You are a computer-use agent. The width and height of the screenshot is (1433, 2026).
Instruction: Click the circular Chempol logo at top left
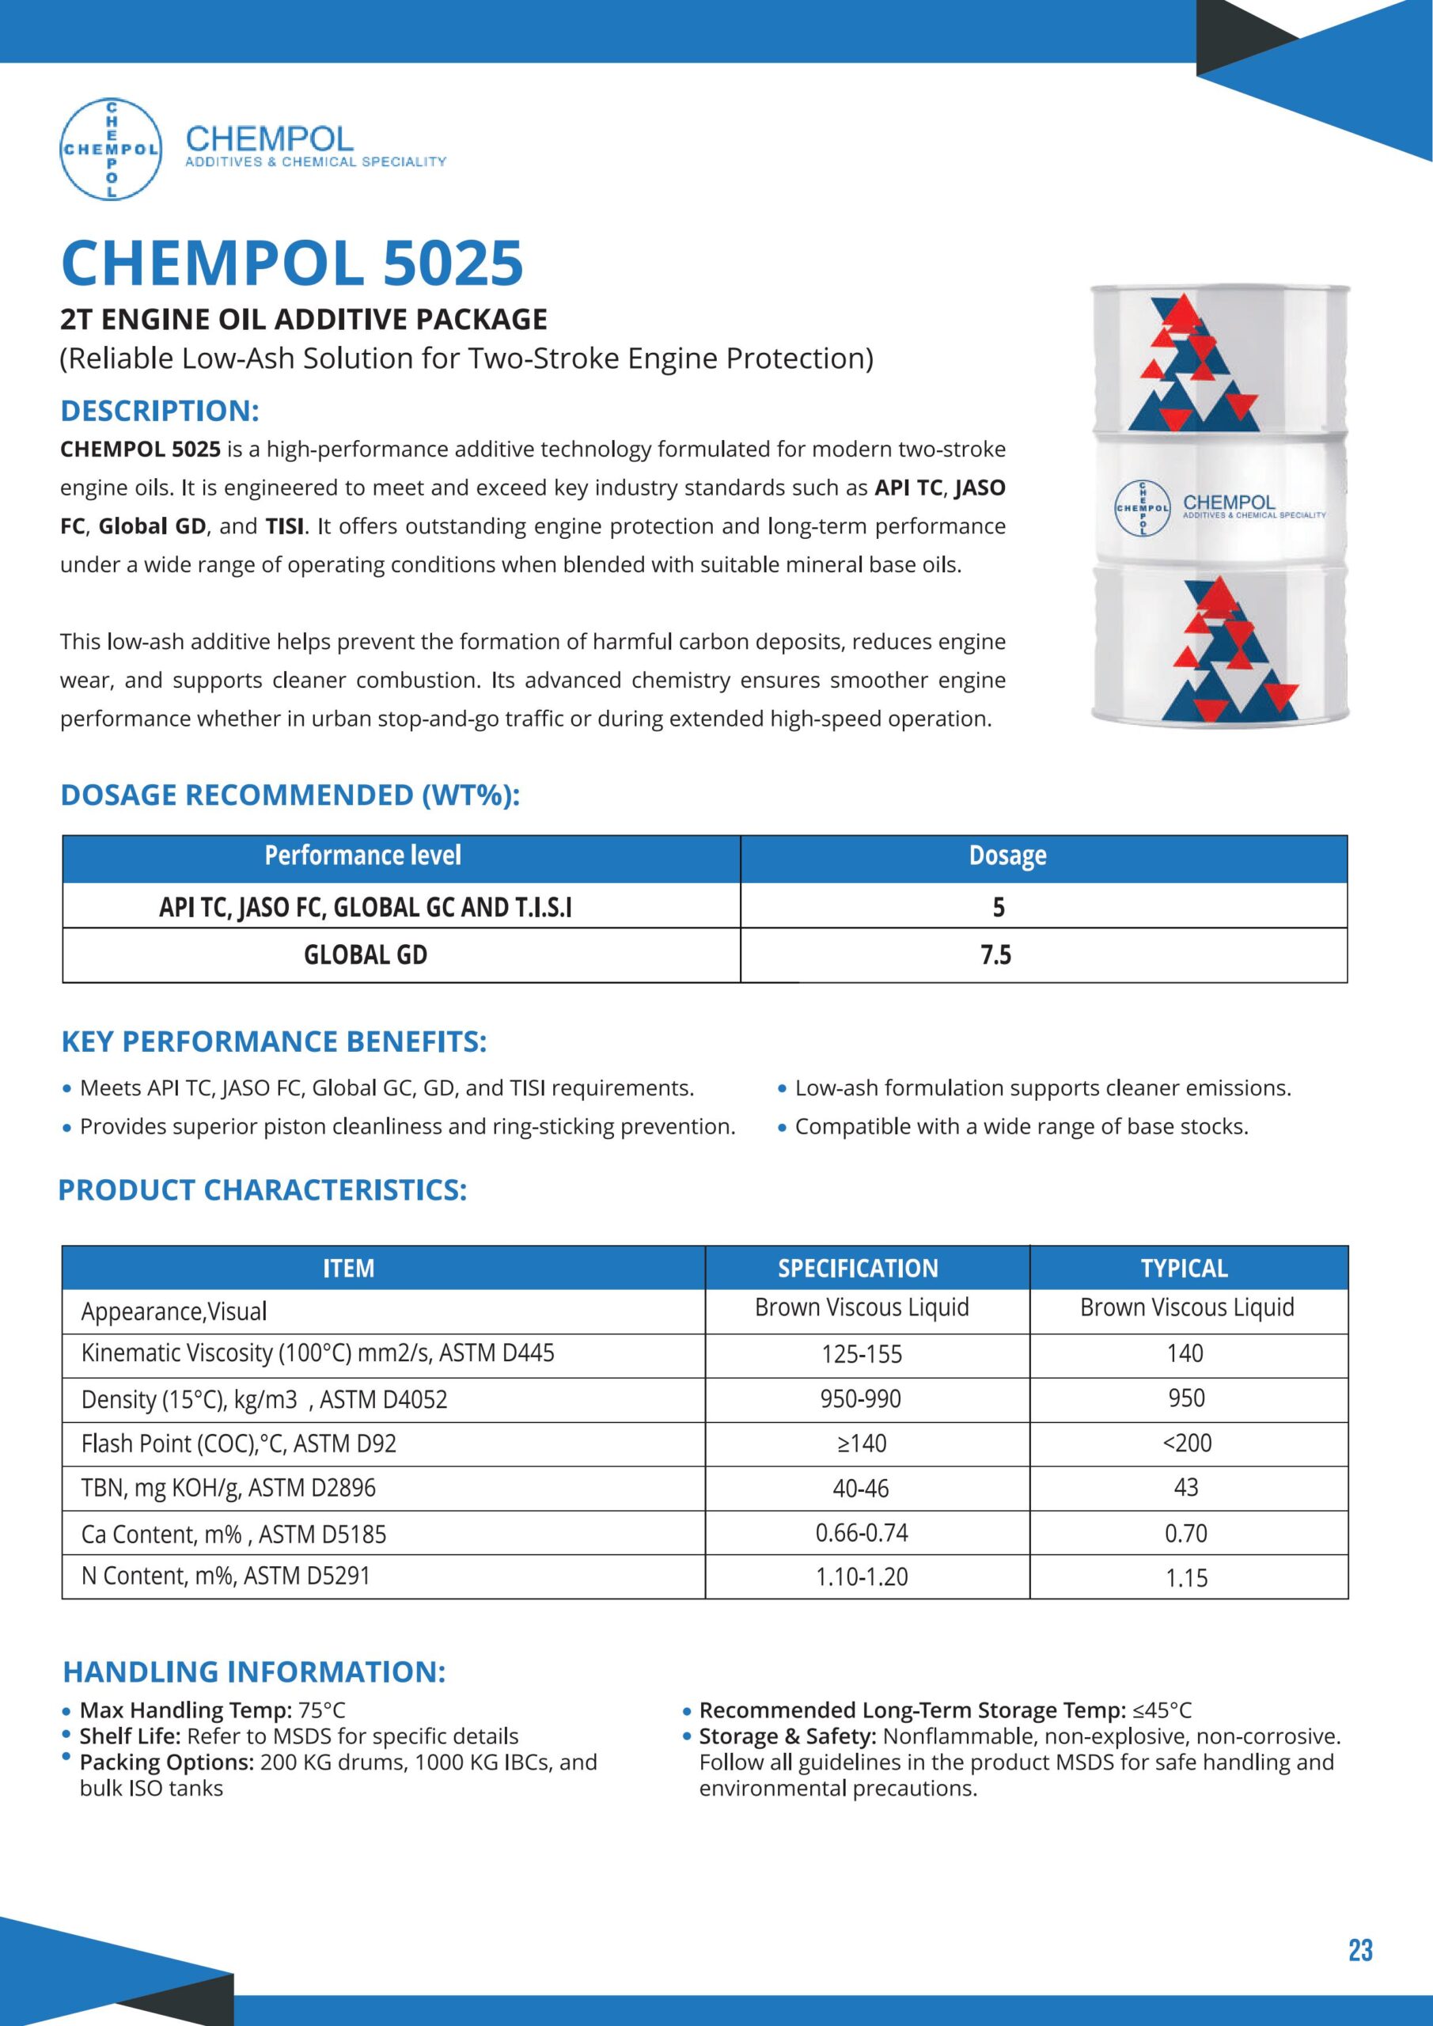[x=110, y=148]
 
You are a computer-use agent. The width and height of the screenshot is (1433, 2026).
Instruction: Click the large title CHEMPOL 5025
[x=292, y=263]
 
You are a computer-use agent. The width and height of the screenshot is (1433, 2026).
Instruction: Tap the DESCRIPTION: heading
[x=160, y=412]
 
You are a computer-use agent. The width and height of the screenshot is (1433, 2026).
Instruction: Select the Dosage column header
[x=1007, y=855]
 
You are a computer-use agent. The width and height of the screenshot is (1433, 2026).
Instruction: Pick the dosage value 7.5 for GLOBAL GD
[x=996, y=954]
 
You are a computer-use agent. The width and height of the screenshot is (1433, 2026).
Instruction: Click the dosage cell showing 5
[x=998, y=907]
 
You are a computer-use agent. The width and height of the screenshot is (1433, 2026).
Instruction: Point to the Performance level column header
[x=362, y=855]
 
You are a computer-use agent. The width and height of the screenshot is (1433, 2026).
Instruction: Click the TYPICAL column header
[x=1185, y=1268]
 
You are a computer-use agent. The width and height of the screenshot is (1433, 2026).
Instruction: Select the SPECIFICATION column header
[x=858, y=1268]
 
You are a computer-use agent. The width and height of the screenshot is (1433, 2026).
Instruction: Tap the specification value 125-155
[x=861, y=1353]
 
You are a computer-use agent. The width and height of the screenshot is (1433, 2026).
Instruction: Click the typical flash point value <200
[x=1187, y=1443]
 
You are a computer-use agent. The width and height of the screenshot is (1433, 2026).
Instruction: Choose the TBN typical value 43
[x=1186, y=1487]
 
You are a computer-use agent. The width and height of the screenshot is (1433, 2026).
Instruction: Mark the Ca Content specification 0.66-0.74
[x=861, y=1533]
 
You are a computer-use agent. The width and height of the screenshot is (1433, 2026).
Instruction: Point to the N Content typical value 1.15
[x=1186, y=1578]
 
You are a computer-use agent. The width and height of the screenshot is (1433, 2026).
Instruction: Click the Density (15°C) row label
[x=263, y=1398]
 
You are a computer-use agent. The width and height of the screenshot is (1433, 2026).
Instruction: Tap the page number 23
[x=1359, y=1949]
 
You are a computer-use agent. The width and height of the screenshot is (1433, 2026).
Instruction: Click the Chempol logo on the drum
[x=1143, y=508]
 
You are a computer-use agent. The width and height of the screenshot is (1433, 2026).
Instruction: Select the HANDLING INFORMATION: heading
[x=254, y=1671]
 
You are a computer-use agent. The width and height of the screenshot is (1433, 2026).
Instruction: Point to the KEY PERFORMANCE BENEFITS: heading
[x=274, y=1041]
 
